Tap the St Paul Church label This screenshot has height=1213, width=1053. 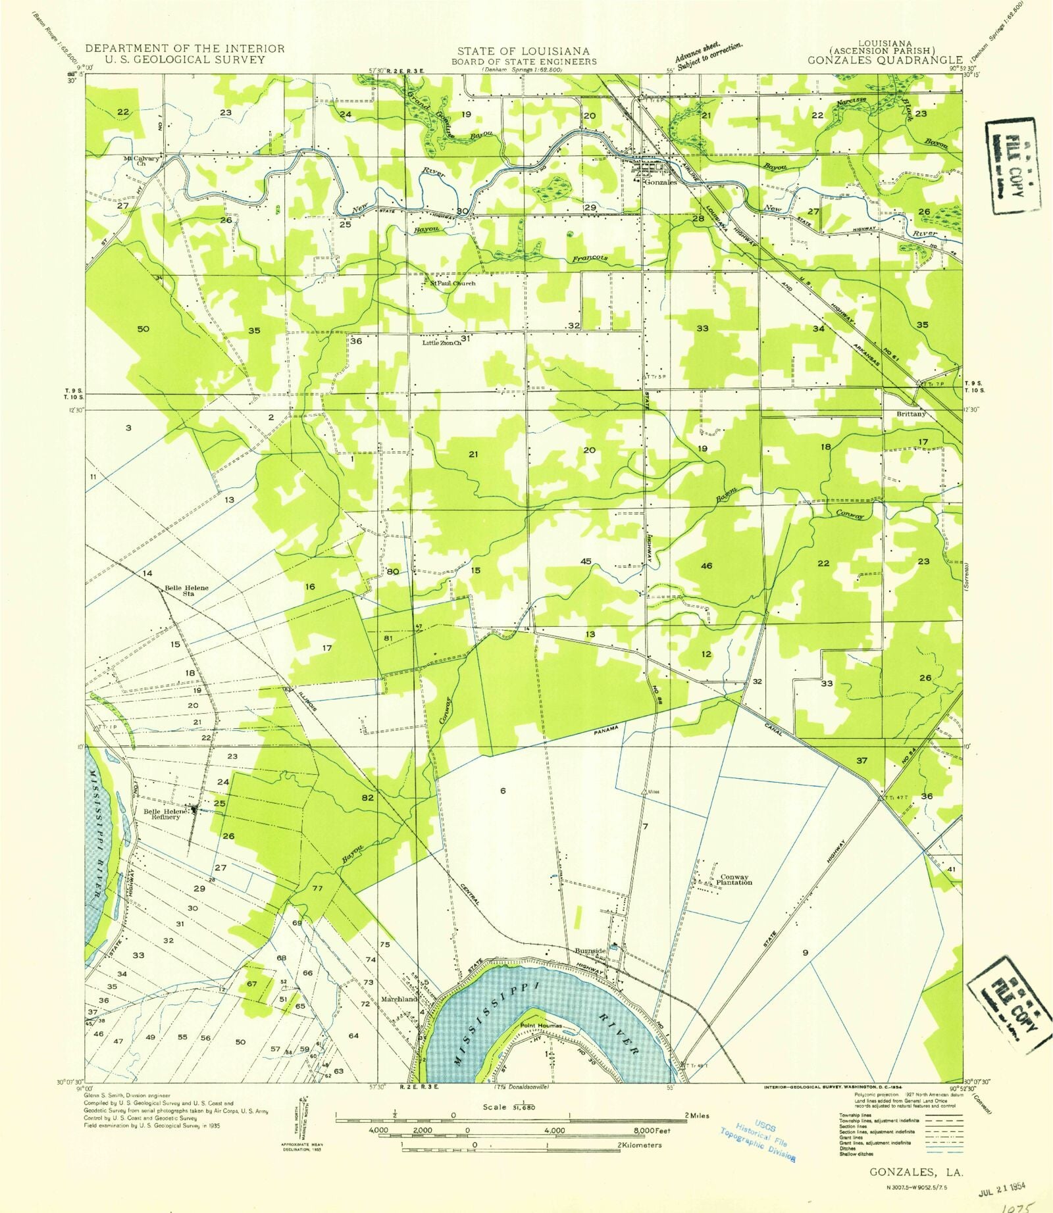[453, 284]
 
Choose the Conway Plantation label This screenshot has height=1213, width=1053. [736, 879]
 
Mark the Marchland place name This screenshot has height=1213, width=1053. [399, 999]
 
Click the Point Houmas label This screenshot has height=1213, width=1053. [541, 1026]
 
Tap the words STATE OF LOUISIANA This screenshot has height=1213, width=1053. [523, 51]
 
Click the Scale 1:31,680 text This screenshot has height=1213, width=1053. [509, 1107]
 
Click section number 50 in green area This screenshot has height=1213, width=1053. [143, 329]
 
